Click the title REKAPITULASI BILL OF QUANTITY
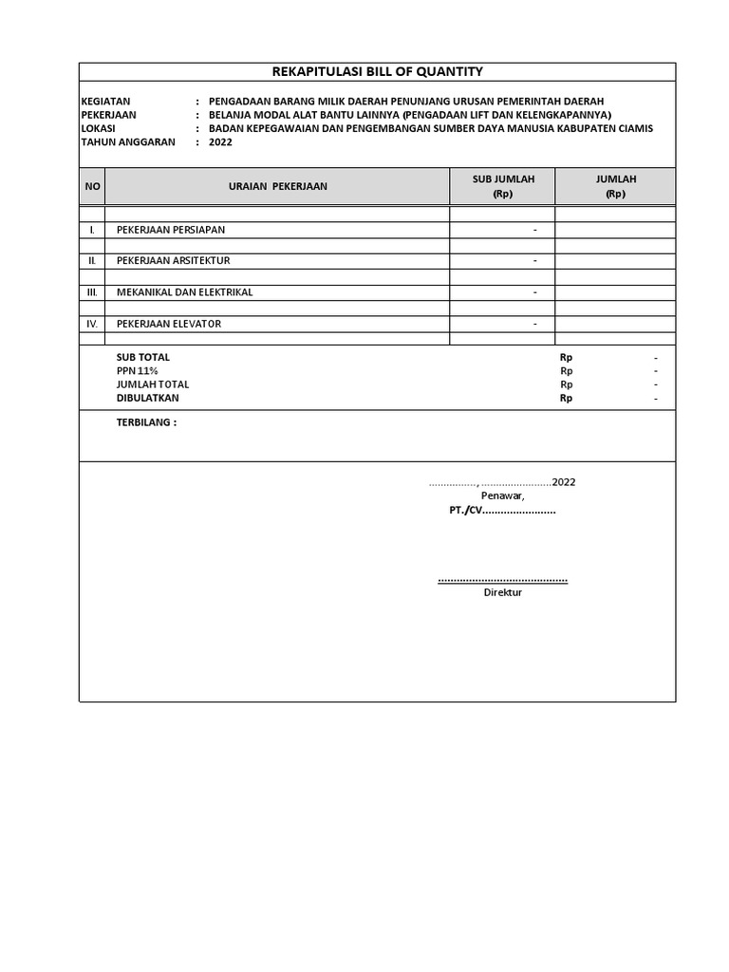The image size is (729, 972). [x=378, y=71]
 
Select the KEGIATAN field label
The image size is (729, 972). [x=105, y=102]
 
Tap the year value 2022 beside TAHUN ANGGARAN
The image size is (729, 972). [x=219, y=142]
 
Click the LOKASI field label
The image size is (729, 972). [x=98, y=128]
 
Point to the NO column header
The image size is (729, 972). [x=92, y=186]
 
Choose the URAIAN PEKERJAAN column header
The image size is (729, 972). [x=277, y=186]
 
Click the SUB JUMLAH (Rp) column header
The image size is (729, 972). [x=503, y=186]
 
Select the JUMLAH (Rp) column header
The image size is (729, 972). [x=615, y=186]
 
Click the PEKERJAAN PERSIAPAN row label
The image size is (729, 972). [x=170, y=230]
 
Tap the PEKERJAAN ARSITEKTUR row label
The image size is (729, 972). [x=173, y=260]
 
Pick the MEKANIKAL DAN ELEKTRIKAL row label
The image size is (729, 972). [x=184, y=292]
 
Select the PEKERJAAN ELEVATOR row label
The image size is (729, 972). [x=168, y=324]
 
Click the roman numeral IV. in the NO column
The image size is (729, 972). [x=92, y=324]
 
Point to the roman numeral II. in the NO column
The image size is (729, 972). [x=92, y=260]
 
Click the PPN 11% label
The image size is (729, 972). [x=137, y=371]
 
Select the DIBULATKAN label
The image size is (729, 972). [x=147, y=399]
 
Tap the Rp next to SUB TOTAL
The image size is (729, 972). [x=566, y=358]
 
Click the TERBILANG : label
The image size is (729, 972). [x=146, y=422]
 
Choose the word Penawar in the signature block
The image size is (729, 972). [x=502, y=496]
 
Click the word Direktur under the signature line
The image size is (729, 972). [x=502, y=592]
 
